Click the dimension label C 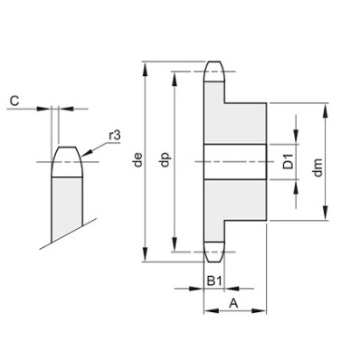[x=15, y=100]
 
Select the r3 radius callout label [x=114, y=135]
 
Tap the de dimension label [x=137, y=164]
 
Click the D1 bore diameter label [x=286, y=163]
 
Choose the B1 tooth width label [x=213, y=281]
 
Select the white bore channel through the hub [x=235, y=162]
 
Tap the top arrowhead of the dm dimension [x=327, y=109]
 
